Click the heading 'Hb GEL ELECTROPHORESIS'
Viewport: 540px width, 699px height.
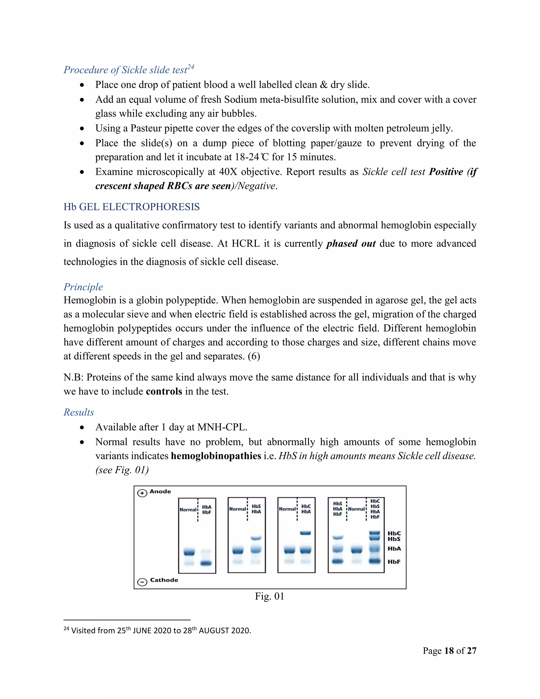(x=132, y=207)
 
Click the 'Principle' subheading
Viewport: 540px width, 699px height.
(x=83, y=287)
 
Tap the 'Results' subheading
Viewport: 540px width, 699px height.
(x=79, y=412)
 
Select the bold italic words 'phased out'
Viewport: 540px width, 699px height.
(x=351, y=243)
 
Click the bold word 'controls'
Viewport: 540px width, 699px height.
(x=164, y=391)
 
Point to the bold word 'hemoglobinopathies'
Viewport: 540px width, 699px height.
(x=216, y=456)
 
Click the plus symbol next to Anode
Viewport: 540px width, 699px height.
(x=142, y=493)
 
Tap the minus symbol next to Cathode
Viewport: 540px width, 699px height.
(x=142, y=582)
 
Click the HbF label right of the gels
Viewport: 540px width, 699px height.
(x=394, y=562)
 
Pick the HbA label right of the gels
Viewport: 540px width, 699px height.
(x=394, y=549)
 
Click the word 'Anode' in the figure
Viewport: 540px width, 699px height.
(x=160, y=492)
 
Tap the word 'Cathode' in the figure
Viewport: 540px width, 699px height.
(x=164, y=580)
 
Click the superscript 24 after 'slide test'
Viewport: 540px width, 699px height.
(x=191, y=67)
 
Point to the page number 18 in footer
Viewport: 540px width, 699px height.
(x=449, y=651)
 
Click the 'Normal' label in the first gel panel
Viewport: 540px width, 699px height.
(x=188, y=510)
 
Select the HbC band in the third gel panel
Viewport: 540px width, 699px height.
(x=306, y=533)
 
